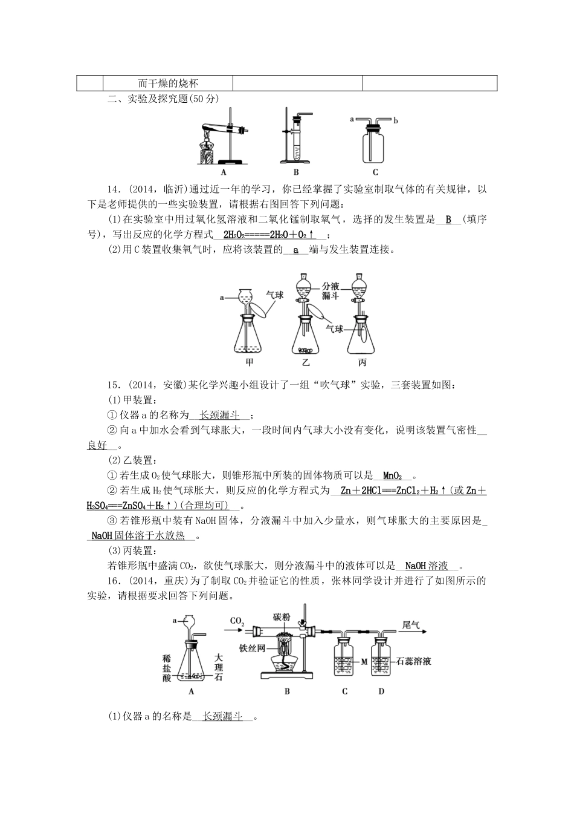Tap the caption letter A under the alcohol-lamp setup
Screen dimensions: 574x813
point(224,172)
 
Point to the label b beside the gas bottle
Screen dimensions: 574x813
point(396,120)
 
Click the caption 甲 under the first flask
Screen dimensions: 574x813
point(249,363)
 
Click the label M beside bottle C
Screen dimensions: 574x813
point(364,662)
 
